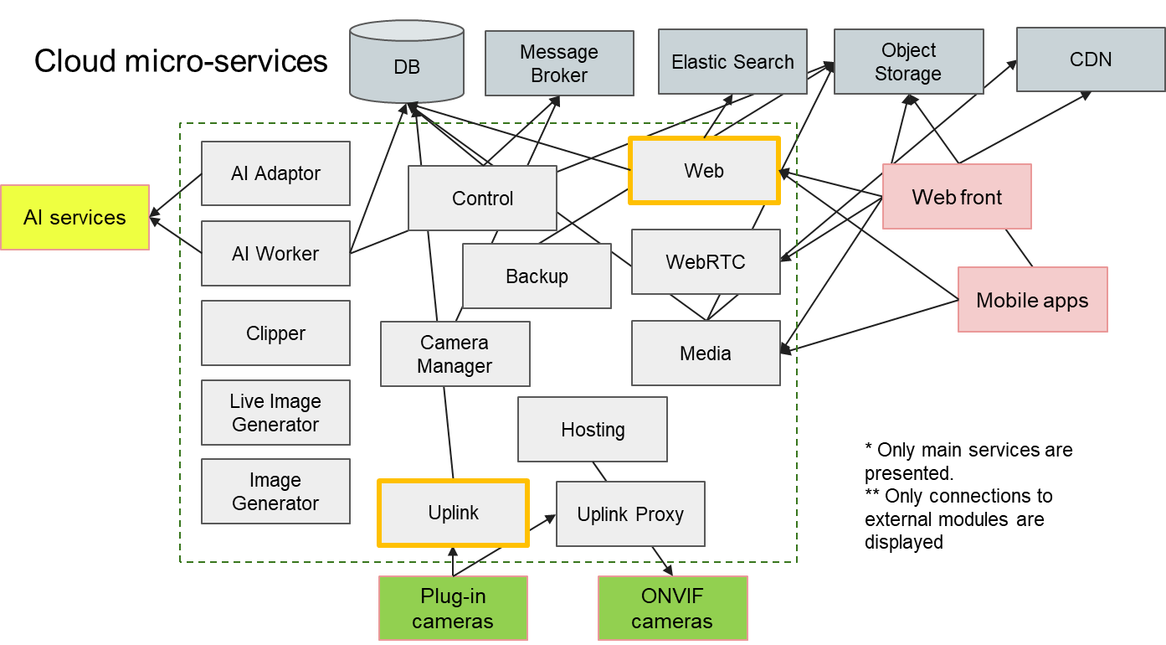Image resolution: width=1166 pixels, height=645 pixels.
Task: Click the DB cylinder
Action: point(407,65)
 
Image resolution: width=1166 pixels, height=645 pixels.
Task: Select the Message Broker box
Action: point(559,64)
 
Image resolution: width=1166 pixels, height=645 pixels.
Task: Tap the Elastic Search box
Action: point(732,61)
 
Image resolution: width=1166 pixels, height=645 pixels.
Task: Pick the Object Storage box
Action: point(908,62)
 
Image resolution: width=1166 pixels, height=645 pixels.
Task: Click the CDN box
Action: point(1090,59)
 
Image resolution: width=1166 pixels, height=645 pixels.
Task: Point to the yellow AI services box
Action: point(74,218)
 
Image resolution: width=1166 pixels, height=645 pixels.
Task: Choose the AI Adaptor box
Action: point(275,173)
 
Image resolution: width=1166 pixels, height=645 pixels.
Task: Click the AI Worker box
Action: point(275,253)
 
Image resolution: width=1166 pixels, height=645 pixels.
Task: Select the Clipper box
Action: point(275,333)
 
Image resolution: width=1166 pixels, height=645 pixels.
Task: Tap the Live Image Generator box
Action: point(275,413)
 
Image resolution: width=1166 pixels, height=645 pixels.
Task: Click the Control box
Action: point(482,199)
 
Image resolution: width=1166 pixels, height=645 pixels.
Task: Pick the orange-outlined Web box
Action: point(704,171)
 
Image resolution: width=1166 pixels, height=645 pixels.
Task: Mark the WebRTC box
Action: point(706,262)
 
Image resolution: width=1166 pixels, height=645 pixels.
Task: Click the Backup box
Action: point(537,276)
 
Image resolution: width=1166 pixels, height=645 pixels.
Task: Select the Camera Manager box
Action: point(455,354)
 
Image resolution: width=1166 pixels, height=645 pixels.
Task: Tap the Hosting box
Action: point(593,430)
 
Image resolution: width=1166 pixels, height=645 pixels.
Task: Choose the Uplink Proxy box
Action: point(630,514)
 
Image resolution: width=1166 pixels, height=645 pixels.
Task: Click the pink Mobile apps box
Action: point(1032,300)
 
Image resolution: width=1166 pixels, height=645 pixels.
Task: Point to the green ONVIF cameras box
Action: point(672,609)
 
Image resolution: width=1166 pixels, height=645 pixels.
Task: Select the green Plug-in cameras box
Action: point(453,609)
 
